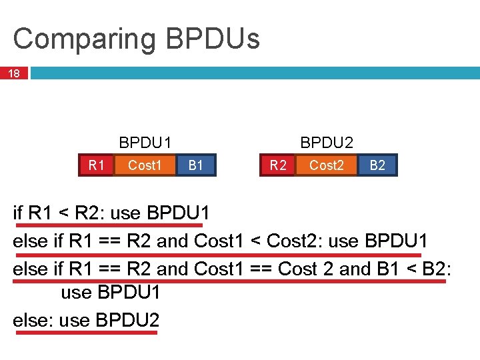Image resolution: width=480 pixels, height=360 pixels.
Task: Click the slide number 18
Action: tap(14, 73)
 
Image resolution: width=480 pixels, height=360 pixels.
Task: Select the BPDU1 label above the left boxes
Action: tap(145, 143)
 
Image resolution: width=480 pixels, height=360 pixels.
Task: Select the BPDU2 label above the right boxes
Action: tap(327, 143)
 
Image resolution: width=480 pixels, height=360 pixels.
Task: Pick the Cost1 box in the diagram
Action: tap(145, 165)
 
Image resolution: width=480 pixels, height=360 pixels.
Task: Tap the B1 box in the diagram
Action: tap(196, 165)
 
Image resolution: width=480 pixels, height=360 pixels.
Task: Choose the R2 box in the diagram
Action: tap(278, 165)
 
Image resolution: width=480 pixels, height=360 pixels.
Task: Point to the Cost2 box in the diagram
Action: tap(327, 165)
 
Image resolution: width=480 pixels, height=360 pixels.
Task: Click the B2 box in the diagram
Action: tap(378, 165)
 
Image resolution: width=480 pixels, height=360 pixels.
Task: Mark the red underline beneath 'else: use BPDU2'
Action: tap(87, 332)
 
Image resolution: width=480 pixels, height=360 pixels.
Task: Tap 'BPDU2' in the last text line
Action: tap(127, 320)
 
